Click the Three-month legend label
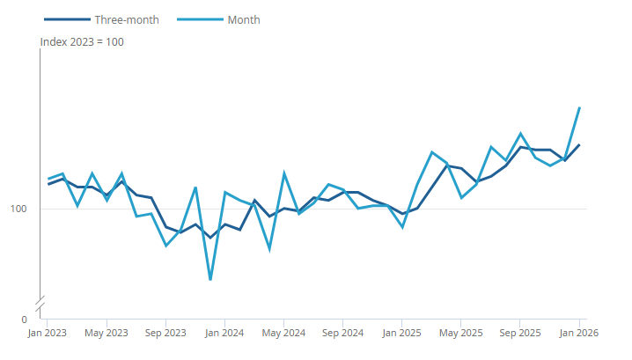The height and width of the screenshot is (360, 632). point(126,19)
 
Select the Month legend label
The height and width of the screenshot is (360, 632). point(244,19)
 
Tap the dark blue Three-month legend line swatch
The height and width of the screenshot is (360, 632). point(66,19)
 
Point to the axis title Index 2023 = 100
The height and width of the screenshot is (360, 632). point(82,41)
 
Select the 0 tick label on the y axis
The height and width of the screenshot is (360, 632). point(25,319)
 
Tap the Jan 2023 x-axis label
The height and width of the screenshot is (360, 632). point(47,334)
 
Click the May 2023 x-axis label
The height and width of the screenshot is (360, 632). point(107,334)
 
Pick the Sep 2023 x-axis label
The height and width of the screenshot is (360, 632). point(165,334)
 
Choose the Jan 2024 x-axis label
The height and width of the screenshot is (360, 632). point(224,334)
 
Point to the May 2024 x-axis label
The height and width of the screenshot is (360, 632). point(283,334)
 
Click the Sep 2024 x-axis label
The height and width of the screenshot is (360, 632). point(343,334)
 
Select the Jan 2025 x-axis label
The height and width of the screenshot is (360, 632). point(402,334)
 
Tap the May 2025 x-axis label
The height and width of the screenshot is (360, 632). point(461,334)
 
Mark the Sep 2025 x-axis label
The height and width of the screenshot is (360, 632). point(520,334)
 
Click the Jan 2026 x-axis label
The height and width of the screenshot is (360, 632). point(579,334)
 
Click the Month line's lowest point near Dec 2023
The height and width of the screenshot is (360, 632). point(209,280)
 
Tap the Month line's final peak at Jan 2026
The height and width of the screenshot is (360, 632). point(579,108)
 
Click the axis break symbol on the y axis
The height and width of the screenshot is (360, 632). point(40,304)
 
